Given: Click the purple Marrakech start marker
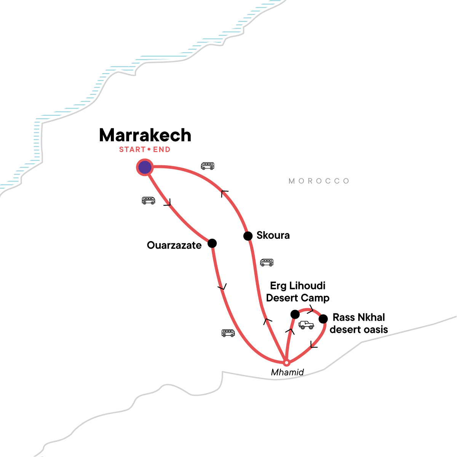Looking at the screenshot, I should [145, 167].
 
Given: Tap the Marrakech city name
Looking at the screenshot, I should [145, 135].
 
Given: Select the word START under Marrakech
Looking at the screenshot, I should [132, 150].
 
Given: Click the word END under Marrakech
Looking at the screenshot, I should [161, 150].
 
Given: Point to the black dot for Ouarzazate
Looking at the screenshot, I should [212, 243].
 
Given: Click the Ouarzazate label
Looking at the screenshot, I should [174, 245].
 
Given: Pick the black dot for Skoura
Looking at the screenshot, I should [248, 236].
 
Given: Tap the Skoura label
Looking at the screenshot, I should [273, 235].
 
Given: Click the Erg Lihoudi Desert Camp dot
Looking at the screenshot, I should [295, 314].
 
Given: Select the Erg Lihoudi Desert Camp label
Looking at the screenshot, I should [298, 292].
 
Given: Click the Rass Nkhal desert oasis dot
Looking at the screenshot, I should [323, 318].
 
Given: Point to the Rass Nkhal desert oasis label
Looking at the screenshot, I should [359, 323].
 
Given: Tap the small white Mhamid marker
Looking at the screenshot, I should [287, 363].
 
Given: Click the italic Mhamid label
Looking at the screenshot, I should [287, 372].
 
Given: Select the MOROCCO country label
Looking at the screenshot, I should [319, 181].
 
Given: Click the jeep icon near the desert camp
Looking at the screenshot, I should [306, 325].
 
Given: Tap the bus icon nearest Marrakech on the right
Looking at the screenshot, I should [208, 166].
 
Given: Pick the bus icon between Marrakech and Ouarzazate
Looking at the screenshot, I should [149, 200].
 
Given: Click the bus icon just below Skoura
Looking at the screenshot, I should [267, 262].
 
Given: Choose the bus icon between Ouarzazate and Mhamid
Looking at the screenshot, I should [228, 333].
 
